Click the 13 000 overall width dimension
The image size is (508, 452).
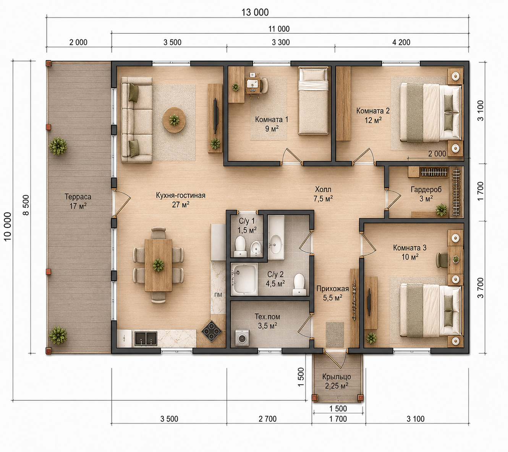(255, 12)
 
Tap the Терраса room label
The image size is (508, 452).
(78, 197)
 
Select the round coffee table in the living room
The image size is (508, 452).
(174, 120)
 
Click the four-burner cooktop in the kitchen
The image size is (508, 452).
(211, 332)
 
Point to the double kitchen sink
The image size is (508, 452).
(146, 338)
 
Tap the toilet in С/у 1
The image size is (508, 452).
(240, 247)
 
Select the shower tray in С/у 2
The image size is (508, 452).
(244, 279)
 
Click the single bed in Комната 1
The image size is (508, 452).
(313, 101)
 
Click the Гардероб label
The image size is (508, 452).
(426, 189)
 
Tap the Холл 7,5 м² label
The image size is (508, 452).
(323, 194)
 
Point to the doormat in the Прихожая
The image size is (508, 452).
(335, 335)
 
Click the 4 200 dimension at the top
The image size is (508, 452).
(401, 42)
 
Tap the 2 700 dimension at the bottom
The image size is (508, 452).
(267, 419)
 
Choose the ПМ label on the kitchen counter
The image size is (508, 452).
(218, 295)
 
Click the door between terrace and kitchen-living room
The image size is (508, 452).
(121, 203)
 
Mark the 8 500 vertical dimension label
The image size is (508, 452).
(26, 205)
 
